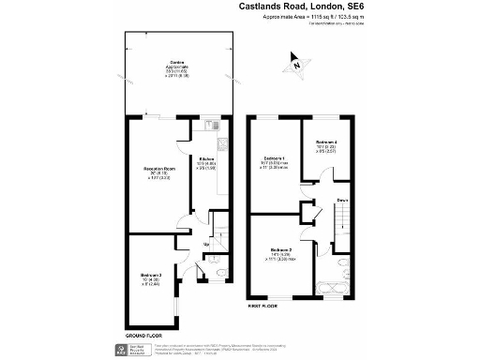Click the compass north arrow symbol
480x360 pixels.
tap(296, 65)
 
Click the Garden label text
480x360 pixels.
tap(174, 63)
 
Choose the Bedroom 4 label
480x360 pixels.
tap(327, 142)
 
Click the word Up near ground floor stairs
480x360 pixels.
tap(205, 246)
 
